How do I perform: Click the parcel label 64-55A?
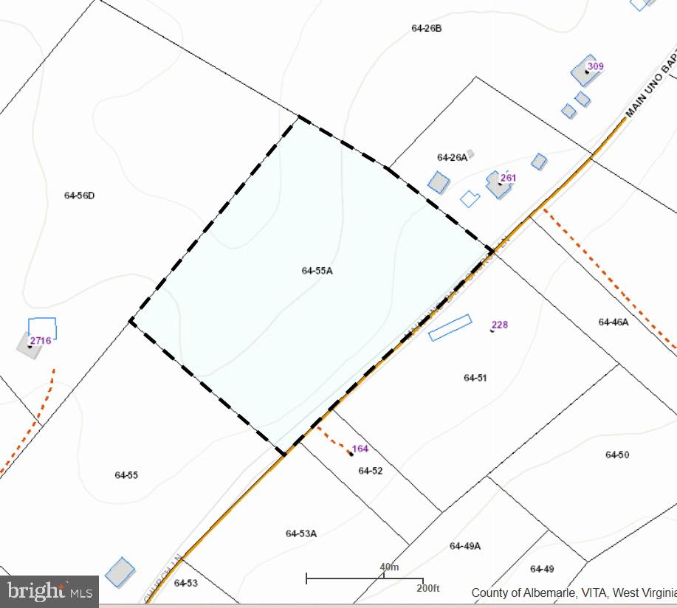(317, 271)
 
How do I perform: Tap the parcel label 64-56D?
(79, 196)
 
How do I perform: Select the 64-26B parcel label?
(426, 29)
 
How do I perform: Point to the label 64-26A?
(452, 157)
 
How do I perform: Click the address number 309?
(595, 66)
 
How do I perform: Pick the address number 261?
(508, 178)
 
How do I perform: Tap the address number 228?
(500, 325)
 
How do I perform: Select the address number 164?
(360, 449)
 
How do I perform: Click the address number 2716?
(41, 341)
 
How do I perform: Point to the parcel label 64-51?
(475, 378)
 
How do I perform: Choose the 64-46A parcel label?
(613, 322)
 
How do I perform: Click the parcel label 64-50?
(616, 455)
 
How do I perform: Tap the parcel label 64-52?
(371, 471)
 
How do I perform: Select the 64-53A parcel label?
(300, 533)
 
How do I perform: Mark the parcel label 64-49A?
(464, 546)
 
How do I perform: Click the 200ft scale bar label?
(427, 588)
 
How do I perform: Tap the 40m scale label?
(389, 567)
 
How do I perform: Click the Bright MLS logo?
(49, 591)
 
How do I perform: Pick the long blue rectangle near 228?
(450, 328)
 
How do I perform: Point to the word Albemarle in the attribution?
(546, 593)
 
